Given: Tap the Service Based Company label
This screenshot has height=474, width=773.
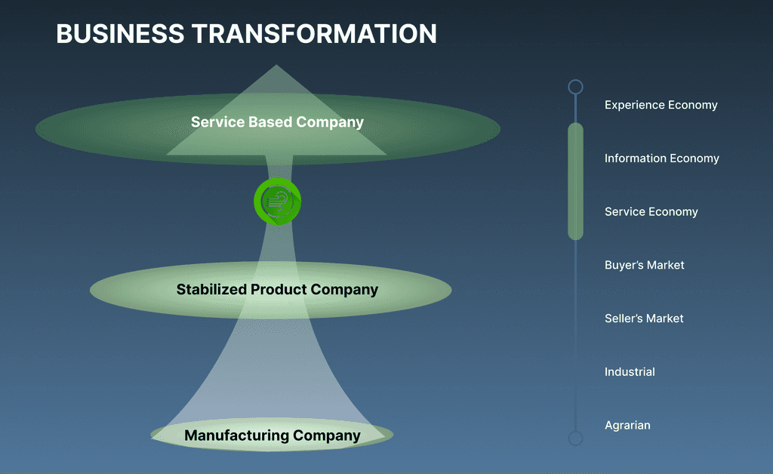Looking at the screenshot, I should coord(277,122).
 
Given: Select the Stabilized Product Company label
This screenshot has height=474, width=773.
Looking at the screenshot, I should coord(277,289).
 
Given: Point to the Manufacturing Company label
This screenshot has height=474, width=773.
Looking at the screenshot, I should coord(273,436).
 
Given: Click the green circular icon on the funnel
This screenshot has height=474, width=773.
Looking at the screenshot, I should coord(277,202).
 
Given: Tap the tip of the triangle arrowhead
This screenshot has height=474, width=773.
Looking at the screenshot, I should coord(276,66).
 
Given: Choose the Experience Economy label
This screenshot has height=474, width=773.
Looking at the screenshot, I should coord(661,105).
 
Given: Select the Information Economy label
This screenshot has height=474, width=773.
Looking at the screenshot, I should coord(661,159).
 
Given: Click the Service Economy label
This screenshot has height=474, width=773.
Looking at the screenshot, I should coord(651,212).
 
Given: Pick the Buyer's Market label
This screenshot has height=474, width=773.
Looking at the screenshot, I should coord(644,265).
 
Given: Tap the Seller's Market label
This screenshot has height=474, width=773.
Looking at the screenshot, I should coord(644,319).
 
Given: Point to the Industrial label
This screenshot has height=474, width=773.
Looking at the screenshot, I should coord(630,372).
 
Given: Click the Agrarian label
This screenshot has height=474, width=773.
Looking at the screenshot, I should coord(627,426).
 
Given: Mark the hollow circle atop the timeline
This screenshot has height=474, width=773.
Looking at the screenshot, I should coord(575,87).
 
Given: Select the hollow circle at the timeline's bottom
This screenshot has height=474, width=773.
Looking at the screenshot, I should coord(575,438).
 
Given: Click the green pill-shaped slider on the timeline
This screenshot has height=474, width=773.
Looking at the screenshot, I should coord(575,181).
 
